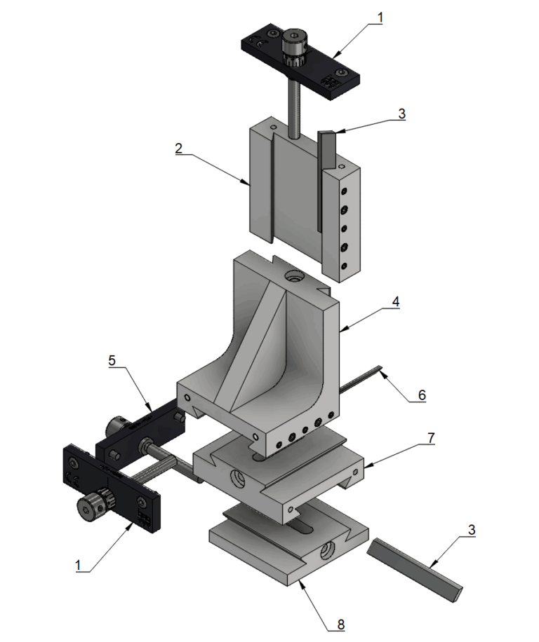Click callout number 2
click(x=179, y=149)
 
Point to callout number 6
click(x=422, y=395)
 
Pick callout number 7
click(x=430, y=439)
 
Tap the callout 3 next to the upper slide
click(x=401, y=112)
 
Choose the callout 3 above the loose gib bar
click(x=472, y=530)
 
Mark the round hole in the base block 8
click(x=328, y=552)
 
